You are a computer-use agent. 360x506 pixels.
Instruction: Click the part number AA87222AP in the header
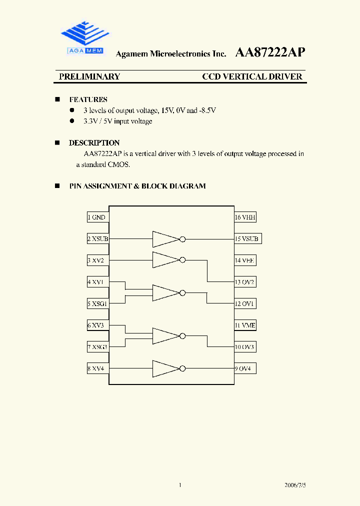tap(269, 52)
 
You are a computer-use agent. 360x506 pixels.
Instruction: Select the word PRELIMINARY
tap(89, 76)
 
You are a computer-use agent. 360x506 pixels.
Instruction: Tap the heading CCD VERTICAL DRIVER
tap(252, 76)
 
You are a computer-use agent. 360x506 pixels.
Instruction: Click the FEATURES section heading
tap(88, 99)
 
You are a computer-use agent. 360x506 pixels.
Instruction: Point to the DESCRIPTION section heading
tap(94, 143)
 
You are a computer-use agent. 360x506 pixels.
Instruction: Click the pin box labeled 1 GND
tap(97, 217)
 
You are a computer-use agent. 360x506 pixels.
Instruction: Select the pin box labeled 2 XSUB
tap(97, 239)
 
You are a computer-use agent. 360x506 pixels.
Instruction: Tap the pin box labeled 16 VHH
tap(245, 217)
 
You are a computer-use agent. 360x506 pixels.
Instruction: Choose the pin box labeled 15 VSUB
tap(247, 239)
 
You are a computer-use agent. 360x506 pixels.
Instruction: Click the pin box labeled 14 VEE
tap(245, 260)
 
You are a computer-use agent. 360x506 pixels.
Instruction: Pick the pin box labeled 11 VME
tap(245, 325)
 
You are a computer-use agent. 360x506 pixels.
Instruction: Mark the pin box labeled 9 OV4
tap(245, 368)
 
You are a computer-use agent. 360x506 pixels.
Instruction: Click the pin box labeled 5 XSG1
tap(97, 303)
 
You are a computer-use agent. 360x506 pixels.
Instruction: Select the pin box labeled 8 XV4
tap(97, 368)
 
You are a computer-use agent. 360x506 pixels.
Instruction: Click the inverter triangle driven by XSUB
tap(165, 239)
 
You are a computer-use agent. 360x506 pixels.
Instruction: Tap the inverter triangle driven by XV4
tap(165, 368)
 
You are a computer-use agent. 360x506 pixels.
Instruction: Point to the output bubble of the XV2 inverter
tap(182, 260)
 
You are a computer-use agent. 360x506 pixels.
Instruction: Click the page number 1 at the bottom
tap(179, 485)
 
